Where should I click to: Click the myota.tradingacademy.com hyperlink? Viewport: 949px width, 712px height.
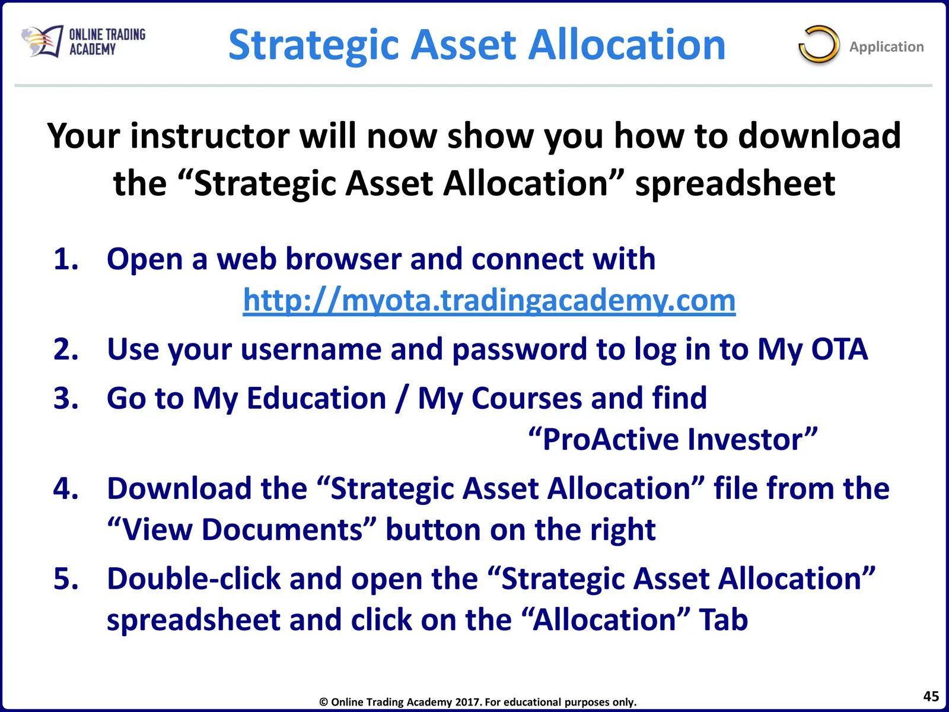(x=489, y=300)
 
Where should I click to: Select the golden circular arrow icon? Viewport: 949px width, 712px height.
(x=819, y=44)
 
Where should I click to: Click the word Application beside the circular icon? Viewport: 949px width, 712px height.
(x=886, y=47)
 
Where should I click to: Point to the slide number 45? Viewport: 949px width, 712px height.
(x=931, y=696)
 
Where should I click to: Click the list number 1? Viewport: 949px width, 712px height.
(x=66, y=259)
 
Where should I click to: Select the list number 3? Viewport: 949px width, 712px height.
(x=66, y=398)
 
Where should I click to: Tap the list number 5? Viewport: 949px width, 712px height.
(x=66, y=578)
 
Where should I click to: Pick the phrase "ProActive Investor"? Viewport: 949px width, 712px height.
(x=673, y=439)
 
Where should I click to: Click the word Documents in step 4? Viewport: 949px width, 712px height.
(x=282, y=530)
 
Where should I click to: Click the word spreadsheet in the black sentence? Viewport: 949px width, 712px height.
(x=735, y=183)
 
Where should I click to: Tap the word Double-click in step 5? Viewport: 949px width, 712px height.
(x=194, y=578)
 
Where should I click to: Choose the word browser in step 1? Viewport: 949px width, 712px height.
(x=343, y=259)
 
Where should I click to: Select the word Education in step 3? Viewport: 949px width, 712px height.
(x=316, y=398)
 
